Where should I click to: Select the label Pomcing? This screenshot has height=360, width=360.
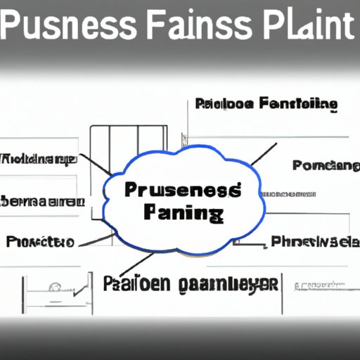click(326, 165)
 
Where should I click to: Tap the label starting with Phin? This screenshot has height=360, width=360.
click(314, 242)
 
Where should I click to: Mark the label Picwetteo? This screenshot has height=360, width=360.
click(40, 242)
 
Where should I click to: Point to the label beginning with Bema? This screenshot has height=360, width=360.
click(42, 202)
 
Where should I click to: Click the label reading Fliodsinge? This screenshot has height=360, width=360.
click(39, 159)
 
